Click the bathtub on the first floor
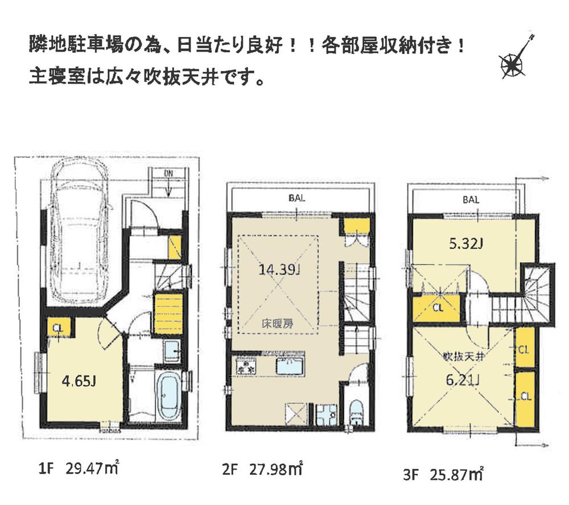(169, 396)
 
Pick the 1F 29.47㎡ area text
(77, 469)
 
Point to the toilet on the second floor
(356, 411)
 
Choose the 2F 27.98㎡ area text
(262, 470)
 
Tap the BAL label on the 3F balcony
(471, 200)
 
